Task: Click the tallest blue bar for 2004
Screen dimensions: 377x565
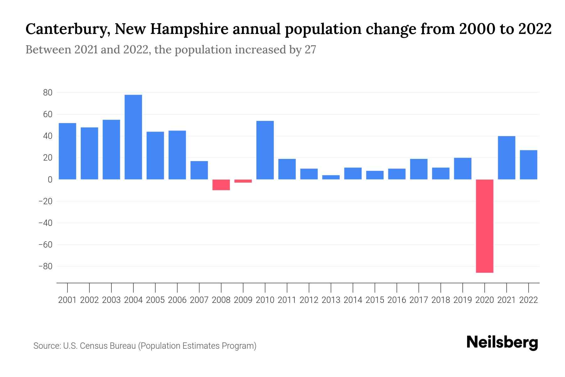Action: [x=133, y=137]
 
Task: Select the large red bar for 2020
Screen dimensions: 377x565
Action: [x=484, y=226]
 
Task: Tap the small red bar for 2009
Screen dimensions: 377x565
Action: [x=243, y=181]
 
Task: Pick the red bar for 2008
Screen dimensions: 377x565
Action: [x=221, y=185]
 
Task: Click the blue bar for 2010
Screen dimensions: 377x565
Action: [x=265, y=150]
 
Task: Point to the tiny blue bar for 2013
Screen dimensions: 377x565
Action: [x=331, y=177]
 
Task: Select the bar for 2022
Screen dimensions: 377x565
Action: [x=528, y=165]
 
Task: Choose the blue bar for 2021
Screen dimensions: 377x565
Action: [x=506, y=158]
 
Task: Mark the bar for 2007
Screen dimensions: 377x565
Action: [x=199, y=170]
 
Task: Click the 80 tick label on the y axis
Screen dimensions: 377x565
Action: [x=48, y=93]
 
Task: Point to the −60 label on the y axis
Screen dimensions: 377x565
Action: [x=45, y=244]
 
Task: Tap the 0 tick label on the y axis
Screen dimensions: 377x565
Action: [x=50, y=179]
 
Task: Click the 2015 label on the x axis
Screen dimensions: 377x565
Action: [x=375, y=300]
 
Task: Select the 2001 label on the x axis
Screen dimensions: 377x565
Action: [x=67, y=300]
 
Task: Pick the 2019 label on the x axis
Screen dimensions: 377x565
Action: [x=462, y=300]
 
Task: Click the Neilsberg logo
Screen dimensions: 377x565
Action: [x=502, y=342]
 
